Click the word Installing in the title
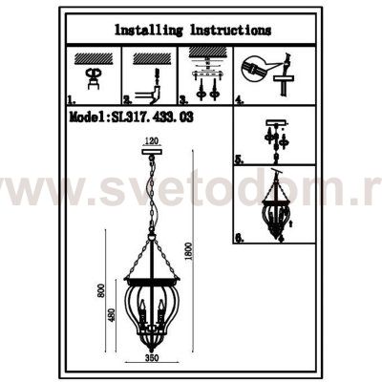[148, 30]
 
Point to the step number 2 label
[127, 98]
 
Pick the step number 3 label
[182, 98]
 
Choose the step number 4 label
[238, 98]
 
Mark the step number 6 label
[238, 240]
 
